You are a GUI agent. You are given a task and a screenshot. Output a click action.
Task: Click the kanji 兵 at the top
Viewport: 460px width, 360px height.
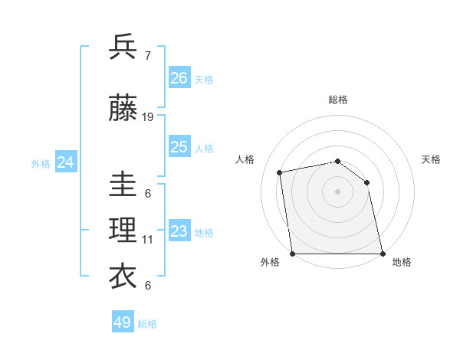123,47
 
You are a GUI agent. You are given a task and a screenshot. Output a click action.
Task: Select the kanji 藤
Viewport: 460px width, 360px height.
123,110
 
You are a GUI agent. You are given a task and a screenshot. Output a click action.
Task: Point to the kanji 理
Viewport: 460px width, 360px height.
123,231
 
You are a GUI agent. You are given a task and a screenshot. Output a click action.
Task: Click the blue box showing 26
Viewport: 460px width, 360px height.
179,78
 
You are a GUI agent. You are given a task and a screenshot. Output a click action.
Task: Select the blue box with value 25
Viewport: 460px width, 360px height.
179,147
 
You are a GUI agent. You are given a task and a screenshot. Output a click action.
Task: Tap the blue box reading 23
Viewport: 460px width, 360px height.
179,231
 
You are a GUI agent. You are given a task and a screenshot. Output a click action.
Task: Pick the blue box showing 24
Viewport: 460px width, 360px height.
66,162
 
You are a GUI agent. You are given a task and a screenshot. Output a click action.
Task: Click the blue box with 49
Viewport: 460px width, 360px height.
123,322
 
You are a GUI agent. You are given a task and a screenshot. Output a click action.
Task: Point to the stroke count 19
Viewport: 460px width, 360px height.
148,117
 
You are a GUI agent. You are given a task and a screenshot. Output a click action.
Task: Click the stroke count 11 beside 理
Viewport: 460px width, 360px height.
148,240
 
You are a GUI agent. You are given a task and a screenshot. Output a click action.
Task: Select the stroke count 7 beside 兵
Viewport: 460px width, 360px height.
147,55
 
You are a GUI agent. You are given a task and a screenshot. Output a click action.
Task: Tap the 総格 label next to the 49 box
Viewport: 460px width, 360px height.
147,324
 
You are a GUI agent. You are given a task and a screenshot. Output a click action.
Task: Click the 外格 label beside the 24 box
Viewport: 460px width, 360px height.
41,163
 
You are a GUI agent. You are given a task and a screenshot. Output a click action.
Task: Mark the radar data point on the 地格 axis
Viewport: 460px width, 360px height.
382,254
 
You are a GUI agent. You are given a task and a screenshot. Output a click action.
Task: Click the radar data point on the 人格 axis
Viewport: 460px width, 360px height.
280,172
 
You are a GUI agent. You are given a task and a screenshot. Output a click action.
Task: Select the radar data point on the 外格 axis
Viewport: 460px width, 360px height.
293,254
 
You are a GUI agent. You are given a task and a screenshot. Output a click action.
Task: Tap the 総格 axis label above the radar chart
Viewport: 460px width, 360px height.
337,100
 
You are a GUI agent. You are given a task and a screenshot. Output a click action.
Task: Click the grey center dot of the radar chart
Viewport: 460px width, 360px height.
337,191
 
